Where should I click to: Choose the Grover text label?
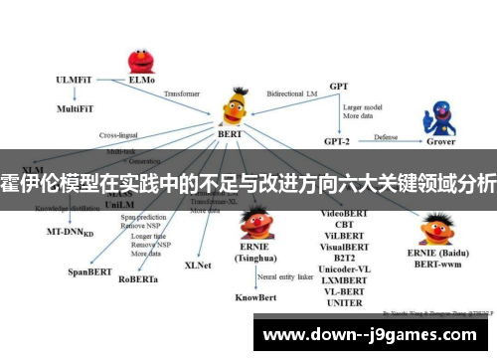(x=441, y=141)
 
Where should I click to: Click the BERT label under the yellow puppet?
(x=231, y=132)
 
